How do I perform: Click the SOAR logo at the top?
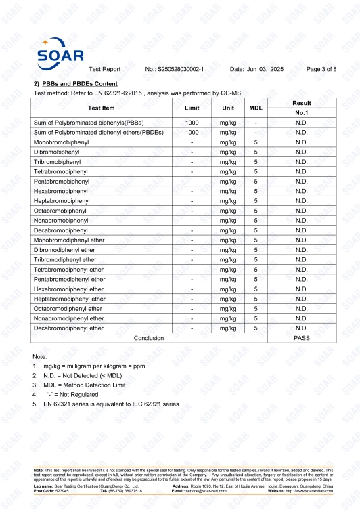(60, 52)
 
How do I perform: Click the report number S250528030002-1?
(175, 70)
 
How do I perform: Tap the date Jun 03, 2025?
(256, 70)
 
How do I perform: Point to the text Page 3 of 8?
(321, 70)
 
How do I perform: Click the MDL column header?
(256, 108)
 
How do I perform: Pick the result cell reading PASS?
(301, 337)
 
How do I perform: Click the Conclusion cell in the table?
(149, 337)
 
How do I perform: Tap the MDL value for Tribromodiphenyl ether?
(256, 259)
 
